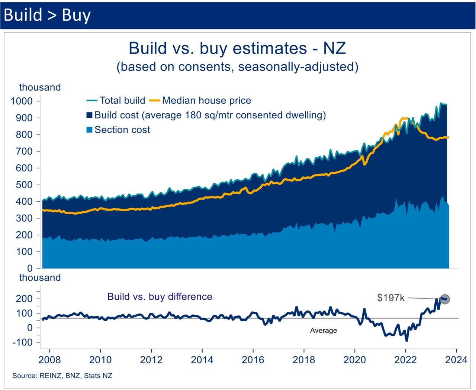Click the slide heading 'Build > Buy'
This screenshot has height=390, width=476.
tap(47, 15)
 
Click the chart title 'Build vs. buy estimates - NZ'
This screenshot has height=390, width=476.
tap(237, 48)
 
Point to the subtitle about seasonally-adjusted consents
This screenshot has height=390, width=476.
tap(237, 67)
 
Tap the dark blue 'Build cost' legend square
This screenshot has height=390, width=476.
tap(90, 115)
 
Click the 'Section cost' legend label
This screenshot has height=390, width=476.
tap(122, 130)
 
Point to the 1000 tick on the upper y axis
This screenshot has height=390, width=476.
tap(22, 101)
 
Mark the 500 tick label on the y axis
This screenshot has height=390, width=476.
tap(24, 185)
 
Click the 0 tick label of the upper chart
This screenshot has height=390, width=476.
tap(30, 268)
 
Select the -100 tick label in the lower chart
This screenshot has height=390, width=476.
tap(22, 342)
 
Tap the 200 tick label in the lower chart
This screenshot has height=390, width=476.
tap(24, 299)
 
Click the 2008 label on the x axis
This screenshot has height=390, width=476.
tap(49, 360)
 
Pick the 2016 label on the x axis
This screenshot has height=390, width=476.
tap(253, 360)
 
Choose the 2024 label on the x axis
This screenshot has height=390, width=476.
tap(456, 360)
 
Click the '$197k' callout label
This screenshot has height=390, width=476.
tap(390, 298)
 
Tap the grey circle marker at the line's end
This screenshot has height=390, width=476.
tap(445, 299)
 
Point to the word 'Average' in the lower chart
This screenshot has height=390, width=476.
tap(324, 331)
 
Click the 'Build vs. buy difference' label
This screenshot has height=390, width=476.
tap(160, 297)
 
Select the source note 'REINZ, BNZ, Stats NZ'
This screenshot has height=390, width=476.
tap(62, 376)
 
